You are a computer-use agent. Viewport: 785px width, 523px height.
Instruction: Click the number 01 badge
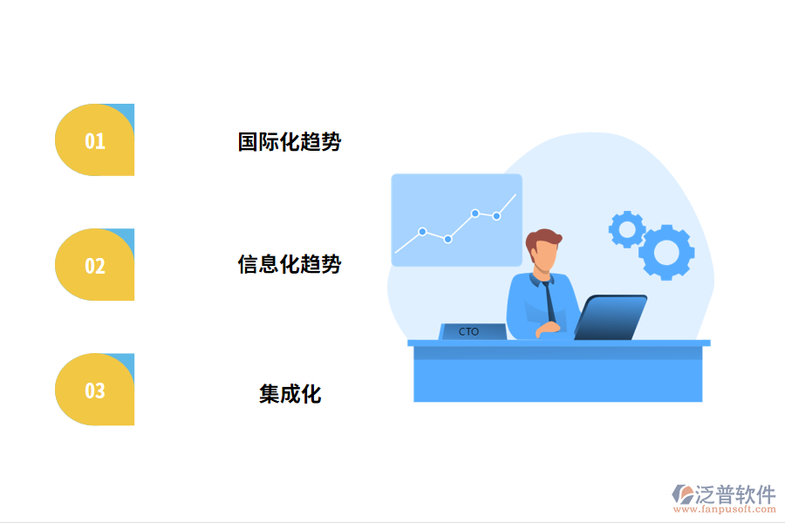[x=94, y=141]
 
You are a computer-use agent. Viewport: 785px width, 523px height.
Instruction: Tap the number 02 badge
[x=94, y=266]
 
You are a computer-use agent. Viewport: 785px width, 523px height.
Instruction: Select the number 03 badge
[x=94, y=391]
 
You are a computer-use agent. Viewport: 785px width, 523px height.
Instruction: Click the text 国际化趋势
[x=290, y=142]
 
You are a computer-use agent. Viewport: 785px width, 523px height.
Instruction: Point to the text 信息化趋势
[x=290, y=265]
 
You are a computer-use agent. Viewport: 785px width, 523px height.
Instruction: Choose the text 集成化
[x=290, y=394]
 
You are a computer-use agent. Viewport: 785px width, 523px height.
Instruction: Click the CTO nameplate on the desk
[x=471, y=332]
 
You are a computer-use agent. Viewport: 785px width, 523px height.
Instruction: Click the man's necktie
[x=549, y=301]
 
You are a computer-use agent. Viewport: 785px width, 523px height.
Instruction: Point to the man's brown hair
[x=544, y=238]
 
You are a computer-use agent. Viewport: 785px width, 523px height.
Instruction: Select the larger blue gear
[x=666, y=252]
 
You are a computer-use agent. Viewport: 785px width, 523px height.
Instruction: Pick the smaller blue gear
[x=626, y=229]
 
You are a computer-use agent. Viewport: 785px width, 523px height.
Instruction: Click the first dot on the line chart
[x=422, y=232]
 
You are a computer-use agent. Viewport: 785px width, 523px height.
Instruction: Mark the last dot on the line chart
[x=496, y=216]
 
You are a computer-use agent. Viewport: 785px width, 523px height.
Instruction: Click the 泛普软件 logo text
[x=734, y=494]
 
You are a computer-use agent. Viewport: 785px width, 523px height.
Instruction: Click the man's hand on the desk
[x=549, y=329]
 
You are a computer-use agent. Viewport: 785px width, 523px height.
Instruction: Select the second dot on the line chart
[x=447, y=239]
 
